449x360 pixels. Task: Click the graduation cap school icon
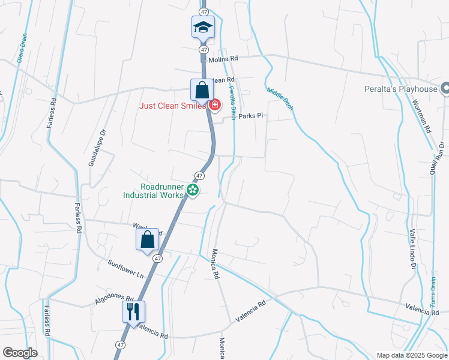(203, 27)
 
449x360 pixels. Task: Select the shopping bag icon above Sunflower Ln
(148, 239)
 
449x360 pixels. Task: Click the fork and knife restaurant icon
(133, 311)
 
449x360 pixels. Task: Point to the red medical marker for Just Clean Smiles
(214, 106)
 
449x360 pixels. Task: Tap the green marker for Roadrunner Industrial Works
(193, 190)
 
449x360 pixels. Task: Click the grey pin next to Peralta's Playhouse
(445, 89)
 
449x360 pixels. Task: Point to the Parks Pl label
(251, 116)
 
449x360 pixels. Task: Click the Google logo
(20, 353)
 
